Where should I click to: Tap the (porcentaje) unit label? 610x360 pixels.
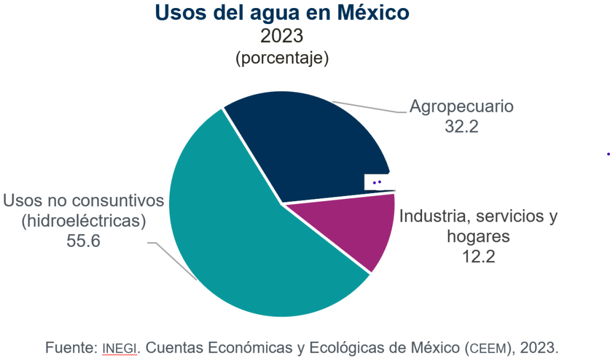pos(282,58)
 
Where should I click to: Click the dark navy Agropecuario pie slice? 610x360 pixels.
pos(308,143)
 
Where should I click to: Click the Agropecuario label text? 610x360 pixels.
pos(461,106)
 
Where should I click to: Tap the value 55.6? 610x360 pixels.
pos(83,241)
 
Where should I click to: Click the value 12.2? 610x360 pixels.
pos(478,256)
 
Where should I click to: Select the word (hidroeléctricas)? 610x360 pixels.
pos(83,221)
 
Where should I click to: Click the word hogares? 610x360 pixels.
pos(478,236)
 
